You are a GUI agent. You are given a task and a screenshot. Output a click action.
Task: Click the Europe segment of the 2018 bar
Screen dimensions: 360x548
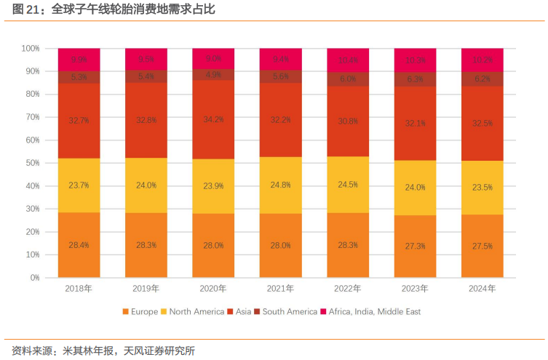tap(79, 244)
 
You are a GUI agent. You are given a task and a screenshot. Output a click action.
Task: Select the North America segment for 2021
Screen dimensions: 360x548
tap(280, 185)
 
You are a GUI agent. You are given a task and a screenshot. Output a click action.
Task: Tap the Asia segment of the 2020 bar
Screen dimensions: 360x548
tap(213, 120)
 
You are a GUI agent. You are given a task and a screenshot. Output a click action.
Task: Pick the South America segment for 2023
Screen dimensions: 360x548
tap(415, 79)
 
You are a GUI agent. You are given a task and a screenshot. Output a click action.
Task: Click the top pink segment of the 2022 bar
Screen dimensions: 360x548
tap(348, 60)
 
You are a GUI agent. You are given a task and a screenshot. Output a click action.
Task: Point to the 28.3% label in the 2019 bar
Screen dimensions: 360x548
tap(146, 245)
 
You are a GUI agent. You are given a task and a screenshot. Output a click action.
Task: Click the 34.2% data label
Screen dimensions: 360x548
tap(213, 119)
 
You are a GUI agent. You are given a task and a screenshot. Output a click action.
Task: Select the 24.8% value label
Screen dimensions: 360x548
tap(280, 185)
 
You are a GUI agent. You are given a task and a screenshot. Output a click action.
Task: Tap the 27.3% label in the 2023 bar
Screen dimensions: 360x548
tap(415, 246)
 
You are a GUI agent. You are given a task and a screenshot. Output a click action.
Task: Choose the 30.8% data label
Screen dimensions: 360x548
tap(348, 121)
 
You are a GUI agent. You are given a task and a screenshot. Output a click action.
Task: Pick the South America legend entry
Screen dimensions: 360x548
tap(285, 311)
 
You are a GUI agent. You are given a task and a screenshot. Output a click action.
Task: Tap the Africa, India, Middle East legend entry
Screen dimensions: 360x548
tap(370, 311)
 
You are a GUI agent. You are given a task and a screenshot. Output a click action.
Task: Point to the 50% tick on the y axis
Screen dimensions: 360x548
tap(30, 163)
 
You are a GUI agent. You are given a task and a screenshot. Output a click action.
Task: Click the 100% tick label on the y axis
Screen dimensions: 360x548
tap(28, 49)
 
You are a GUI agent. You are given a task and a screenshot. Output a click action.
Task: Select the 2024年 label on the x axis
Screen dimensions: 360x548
tap(482, 289)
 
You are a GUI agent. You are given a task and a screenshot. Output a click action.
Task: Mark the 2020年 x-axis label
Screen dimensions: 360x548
tap(213, 289)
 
